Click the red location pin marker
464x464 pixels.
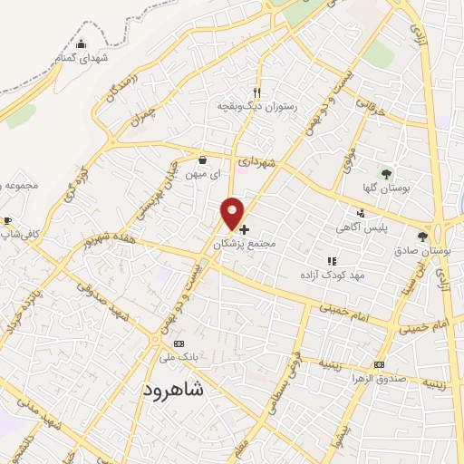point(233,213)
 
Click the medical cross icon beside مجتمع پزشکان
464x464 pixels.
point(245,230)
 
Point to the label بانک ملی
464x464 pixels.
point(179,358)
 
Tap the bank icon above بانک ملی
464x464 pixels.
point(179,344)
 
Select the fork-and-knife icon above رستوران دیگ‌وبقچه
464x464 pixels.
point(257,92)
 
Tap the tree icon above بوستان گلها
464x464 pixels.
point(387,172)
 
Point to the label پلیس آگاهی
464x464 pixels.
point(385,227)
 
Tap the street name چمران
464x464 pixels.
point(141,113)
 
